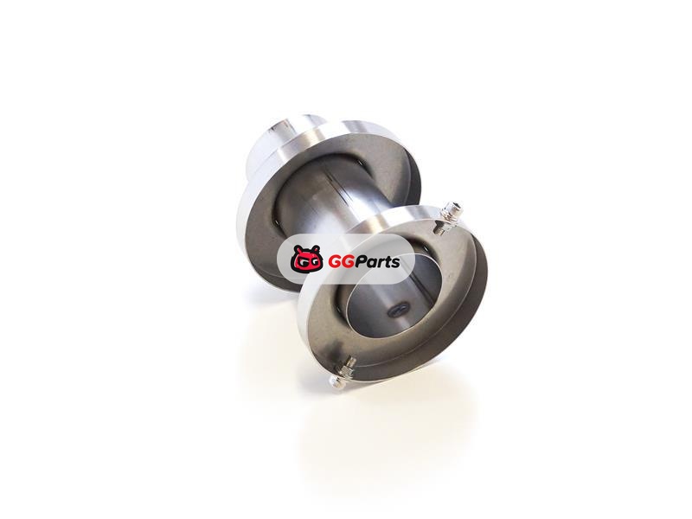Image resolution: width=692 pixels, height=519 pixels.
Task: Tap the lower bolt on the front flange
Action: [342, 371]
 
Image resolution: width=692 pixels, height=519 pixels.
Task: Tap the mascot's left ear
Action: [298, 250]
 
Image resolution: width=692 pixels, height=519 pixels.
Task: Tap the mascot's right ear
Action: [316, 249]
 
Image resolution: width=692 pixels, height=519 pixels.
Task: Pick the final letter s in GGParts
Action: [395, 263]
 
